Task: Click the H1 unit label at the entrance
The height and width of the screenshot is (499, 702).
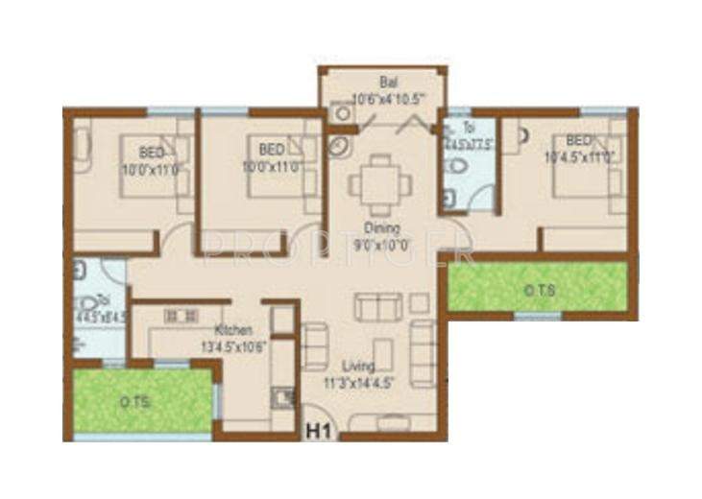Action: pyautogui.click(x=319, y=433)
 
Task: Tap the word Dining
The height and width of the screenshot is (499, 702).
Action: pyautogui.click(x=380, y=228)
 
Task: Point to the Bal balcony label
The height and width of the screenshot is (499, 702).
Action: pyautogui.click(x=387, y=85)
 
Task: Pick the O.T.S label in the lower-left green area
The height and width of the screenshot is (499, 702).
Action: pyautogui.click(x=134, y=403)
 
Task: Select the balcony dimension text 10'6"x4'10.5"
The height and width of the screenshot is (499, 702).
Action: pyautogui.click(x=388, y=99)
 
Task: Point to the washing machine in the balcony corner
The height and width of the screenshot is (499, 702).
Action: pyautogui.click(x=337, y=111)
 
